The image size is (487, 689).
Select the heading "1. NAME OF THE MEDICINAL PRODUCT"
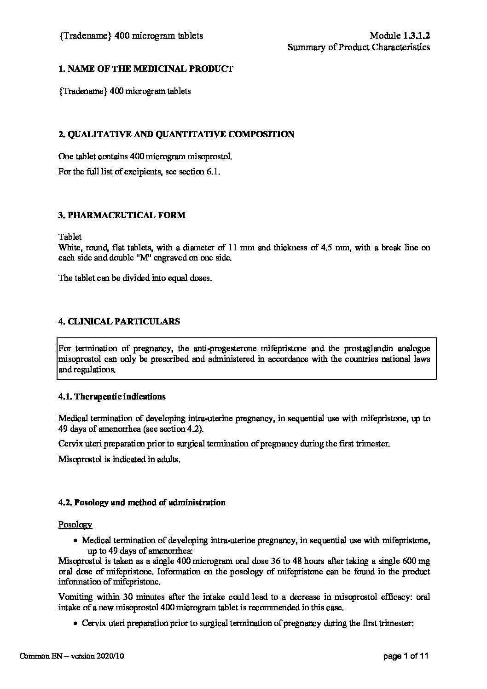tap(146, 69)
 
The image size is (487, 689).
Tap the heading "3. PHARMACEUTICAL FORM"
tap(122, 215)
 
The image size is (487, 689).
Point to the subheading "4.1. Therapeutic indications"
tap(112, 396)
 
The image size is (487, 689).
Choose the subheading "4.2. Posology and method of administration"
tap(142, 502)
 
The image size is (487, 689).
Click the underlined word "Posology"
tap(75, 525)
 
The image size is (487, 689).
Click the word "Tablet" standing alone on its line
tap(70, 237)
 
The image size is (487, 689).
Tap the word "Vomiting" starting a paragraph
tap(75, 597)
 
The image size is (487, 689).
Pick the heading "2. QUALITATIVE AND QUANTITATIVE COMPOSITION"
tap(176, 134)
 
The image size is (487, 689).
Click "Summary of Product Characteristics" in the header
tap(359, 47)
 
